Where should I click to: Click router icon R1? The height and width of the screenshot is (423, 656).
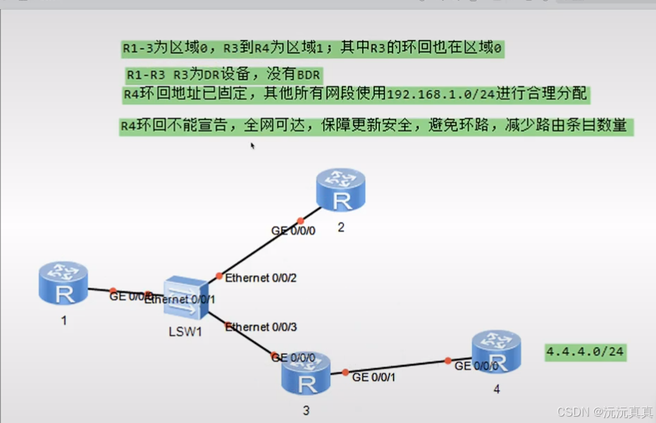(x=63, y=283)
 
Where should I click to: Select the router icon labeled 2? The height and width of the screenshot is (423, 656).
(x=341, y=190)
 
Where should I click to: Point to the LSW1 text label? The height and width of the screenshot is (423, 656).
(x=186, y=331)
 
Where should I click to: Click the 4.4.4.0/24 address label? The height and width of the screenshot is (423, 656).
(x=586, y=352)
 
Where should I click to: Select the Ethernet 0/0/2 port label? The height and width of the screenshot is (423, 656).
(x=261, y=278)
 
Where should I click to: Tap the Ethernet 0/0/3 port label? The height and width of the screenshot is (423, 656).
(x=261, y=326)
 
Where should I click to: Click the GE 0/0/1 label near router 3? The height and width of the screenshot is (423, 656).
(x=373, y=377)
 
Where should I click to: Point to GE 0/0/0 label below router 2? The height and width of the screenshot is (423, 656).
(x=294, y=231)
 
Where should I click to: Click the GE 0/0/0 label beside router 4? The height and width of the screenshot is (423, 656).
(x=476, y=366)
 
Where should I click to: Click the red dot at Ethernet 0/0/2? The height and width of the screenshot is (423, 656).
(x=219, y=276)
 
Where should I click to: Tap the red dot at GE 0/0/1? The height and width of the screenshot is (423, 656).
(x=345, y=372)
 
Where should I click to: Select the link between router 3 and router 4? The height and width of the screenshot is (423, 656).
(x=397, y=367)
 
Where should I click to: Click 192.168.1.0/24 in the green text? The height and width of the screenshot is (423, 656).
(x=441, y=94)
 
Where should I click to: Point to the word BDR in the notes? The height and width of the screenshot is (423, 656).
(x=309, y=75)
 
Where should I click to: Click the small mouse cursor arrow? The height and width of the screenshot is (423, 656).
(x=252, y=145)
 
